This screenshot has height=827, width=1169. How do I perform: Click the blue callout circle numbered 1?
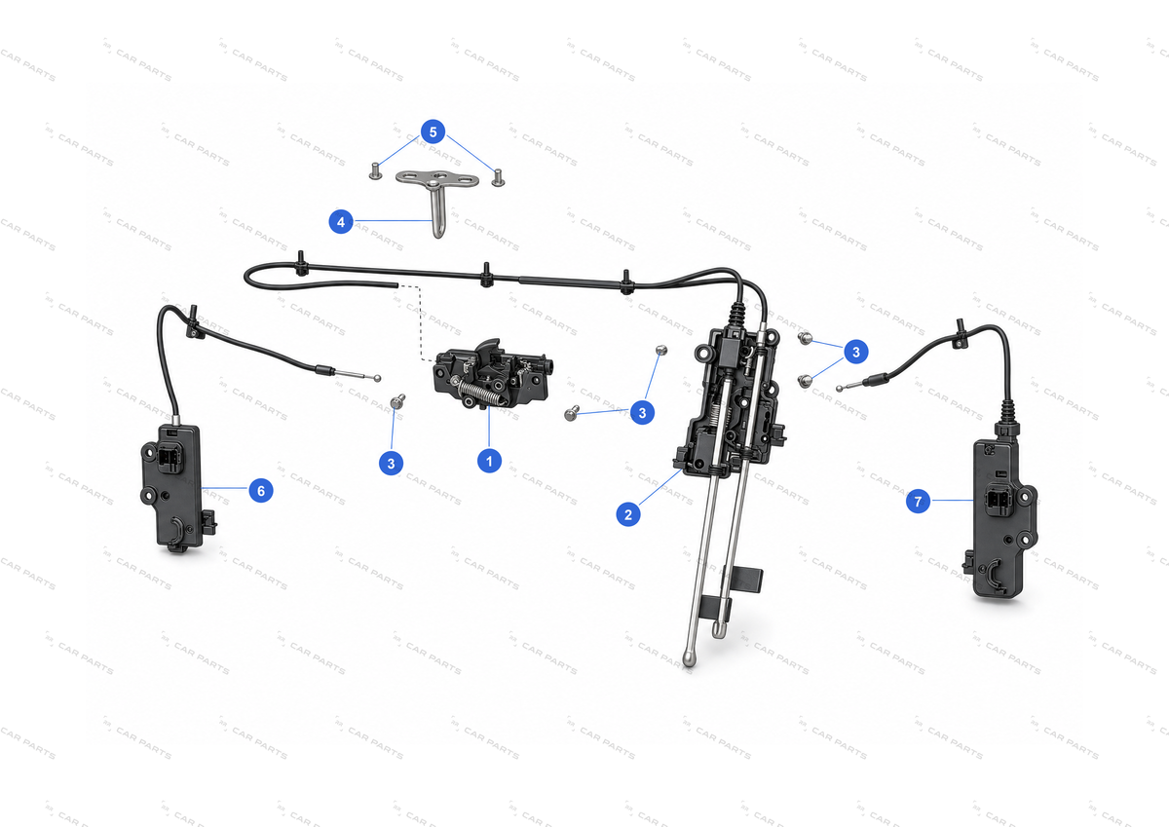click(489, 462)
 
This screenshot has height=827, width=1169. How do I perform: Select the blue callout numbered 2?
click(628, 515)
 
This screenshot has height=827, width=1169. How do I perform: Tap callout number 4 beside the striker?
click(341, 222)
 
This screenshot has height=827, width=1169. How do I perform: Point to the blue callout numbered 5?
click(433, 132)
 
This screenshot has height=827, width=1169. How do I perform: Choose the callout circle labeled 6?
click(261, 491)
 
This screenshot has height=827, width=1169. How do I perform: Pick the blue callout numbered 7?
click(918, 502)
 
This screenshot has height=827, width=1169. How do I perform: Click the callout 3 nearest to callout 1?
click(391, 464)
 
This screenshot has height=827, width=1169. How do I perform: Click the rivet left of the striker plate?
click(375, 171)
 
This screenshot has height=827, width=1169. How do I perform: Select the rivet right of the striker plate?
click(498, 177)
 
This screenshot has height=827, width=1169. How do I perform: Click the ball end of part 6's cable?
click(377, 378)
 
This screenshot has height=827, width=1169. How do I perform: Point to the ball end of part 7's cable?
click(839, 389)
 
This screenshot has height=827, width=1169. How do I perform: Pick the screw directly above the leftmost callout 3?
click(397, 401)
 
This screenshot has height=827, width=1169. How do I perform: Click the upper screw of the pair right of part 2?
click(805, 339)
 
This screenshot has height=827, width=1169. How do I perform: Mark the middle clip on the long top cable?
click(486, 275)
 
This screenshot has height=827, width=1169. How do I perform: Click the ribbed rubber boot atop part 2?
click(736, 315)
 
